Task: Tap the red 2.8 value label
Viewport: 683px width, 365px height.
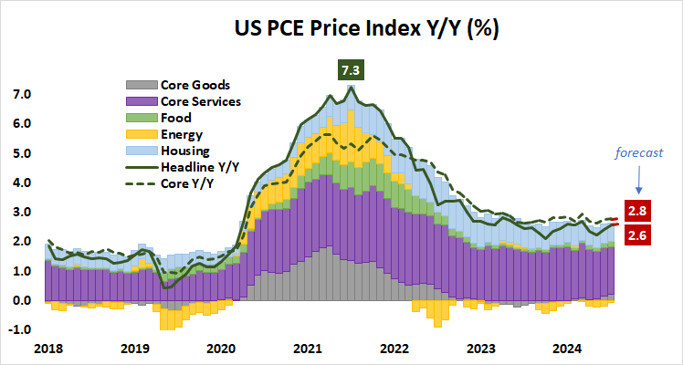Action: pos(636,211)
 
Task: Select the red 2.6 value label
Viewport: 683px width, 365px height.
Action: pos(636,236)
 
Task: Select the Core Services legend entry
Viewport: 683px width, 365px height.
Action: pos(200,101)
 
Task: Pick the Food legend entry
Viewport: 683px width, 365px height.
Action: pos(174,118)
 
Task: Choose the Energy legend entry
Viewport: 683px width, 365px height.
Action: pos(181,134)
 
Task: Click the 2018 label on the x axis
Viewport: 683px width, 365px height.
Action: pos(49,349)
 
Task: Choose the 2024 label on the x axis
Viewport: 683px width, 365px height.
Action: pos(567,349)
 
